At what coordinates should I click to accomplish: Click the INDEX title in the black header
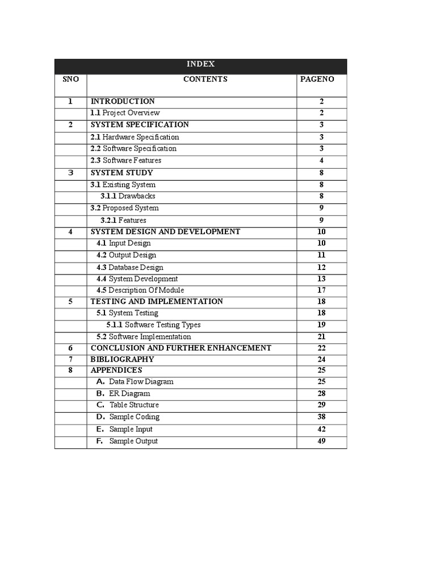coord(200,65)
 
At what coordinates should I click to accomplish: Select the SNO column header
coord(70,79)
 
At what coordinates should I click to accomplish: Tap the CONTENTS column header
coord(205,79)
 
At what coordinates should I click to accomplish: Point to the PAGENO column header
coord(317,79)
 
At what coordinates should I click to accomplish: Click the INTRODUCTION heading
coord(123,101)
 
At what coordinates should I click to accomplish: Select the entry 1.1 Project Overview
coord(125,113)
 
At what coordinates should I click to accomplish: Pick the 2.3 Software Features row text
coord(126,160)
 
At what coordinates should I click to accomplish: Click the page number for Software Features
coord(321,160)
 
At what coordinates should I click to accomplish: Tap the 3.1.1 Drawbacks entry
coord(128,196)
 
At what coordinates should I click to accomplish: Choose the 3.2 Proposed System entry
coord(125,208)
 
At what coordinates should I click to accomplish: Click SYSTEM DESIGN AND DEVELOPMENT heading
coord(165,231)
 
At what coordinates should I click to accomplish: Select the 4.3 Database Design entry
coord(129,267)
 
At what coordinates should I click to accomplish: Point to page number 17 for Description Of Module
coord(321,290)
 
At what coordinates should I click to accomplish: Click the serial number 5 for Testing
coord(70,301)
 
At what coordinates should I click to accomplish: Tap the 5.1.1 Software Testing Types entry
coord(153,325)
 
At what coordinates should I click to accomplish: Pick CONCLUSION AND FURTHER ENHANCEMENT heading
coord(181,348)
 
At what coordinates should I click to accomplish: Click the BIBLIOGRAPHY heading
coord(122,359)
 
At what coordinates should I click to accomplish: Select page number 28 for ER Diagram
coord(321,393)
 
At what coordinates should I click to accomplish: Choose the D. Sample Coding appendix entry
coord(128,417)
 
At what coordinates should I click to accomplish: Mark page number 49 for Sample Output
coord(321,441)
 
